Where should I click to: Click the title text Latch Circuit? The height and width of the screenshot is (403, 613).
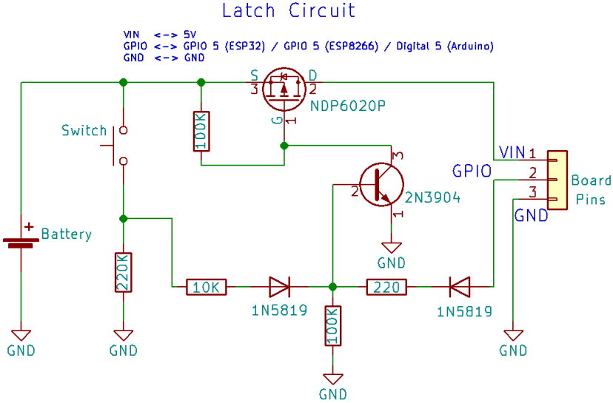[x=289, y=11]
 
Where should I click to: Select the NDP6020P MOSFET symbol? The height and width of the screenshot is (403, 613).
[x=284, y=87]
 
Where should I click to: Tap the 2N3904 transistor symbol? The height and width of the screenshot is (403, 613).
[x=381, y=184]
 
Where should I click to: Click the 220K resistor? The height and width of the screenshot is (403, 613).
[x=124, y=273]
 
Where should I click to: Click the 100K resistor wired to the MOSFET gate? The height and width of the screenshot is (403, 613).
[x=201, y=132]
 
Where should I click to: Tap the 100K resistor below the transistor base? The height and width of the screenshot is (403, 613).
[x=333, y=326]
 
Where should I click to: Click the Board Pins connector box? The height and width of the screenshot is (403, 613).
[x=556, y=180]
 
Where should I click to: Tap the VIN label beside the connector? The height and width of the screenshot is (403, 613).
[x=512, y=152]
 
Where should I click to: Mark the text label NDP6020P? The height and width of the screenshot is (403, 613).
[x=349, y=106]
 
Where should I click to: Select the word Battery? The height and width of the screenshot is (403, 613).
[x=67, y=234]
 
